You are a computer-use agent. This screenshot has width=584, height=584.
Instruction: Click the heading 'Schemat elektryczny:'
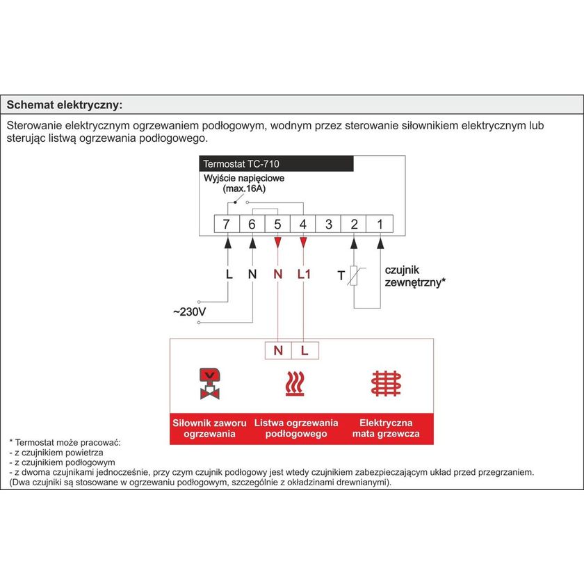(64, 105)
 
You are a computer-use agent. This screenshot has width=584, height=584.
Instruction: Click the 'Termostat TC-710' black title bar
(276, 165)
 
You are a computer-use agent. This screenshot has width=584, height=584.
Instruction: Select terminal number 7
(226, 224)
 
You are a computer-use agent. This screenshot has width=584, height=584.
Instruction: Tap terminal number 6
(252, 224)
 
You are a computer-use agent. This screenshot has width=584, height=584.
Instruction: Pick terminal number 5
(277, 224)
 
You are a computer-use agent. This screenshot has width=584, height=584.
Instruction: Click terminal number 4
(303, 224)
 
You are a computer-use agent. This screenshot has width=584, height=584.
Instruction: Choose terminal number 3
(329, 224)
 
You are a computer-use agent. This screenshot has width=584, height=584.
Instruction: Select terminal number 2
(355, 224)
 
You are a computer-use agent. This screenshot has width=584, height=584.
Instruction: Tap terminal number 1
(380, 224)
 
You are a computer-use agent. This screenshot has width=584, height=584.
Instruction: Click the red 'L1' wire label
(304, 275)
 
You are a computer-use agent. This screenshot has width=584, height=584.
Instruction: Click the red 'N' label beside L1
(277, 275)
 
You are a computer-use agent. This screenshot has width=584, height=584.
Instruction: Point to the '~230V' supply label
(189, 312)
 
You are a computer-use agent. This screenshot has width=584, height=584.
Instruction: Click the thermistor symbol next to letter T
(355, 276)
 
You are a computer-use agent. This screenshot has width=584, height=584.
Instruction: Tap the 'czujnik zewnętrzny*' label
(415, 276)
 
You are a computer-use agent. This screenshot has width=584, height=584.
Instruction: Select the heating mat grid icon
(386, 383)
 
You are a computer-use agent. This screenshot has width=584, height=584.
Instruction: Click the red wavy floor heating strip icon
(295, 384)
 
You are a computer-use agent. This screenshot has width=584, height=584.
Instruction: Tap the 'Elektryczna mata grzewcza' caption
(386, 428)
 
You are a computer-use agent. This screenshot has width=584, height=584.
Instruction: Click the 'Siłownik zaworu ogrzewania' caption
(209, 428)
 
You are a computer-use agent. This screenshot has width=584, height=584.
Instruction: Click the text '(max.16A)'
(243, 188)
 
